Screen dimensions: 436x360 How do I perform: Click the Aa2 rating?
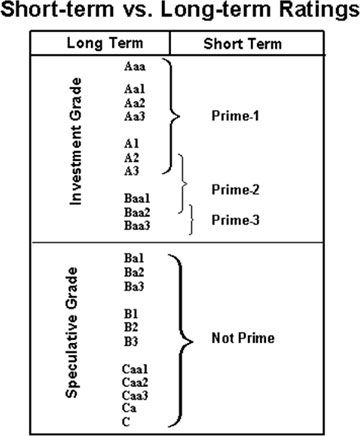[134, 102]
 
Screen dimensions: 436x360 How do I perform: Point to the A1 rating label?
[131, 143]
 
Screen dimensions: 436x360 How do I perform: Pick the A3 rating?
[131, 170]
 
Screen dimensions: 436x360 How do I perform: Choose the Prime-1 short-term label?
[235, 116]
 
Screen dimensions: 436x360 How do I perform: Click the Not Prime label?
[235, 338]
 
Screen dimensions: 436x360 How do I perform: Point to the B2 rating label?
[131, 326]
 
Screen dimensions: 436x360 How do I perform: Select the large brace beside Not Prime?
[181, 338]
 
